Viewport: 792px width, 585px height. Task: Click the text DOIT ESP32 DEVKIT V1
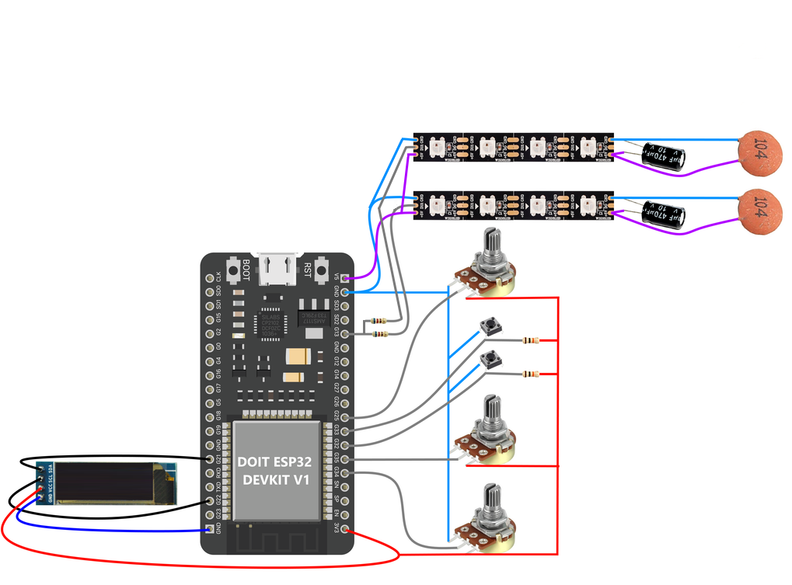point(277,471)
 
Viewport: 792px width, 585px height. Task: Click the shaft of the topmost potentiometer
point(492,247)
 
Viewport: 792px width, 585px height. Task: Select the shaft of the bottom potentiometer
point(492,500)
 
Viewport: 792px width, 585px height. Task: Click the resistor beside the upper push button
point(531,340)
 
